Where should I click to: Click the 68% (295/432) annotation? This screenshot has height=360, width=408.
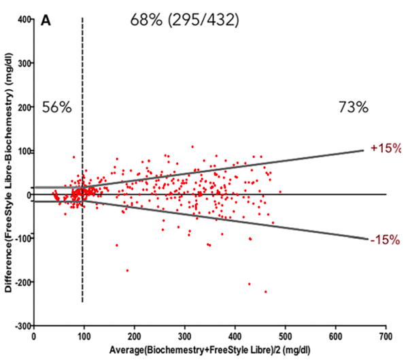coord(184,20)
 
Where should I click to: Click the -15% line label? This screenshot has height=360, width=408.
coord(384,239)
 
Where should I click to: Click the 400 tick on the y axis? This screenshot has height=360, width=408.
coord(24,20)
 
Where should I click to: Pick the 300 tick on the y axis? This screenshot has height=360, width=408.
coord(24,63)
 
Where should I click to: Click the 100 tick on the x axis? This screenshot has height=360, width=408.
coord(84,336)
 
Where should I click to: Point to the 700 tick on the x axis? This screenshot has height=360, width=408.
coord(386,336)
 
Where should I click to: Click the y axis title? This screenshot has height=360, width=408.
coord(9,174)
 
